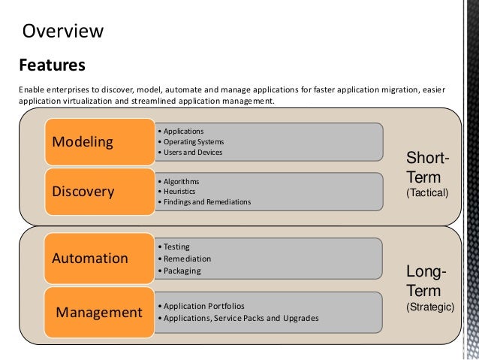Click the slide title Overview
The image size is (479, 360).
[x=63, y=31]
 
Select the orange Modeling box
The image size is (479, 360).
[x=82, y=141]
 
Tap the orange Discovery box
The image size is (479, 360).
[x=83, y=191]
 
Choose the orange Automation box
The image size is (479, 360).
[x=90, y=259]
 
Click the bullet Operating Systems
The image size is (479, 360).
[x=194, y=141]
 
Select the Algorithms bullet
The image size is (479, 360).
[x=181, y=181]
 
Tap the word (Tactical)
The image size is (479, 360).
[x=426, y=193]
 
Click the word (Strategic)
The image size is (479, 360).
[x=429, y=307]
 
